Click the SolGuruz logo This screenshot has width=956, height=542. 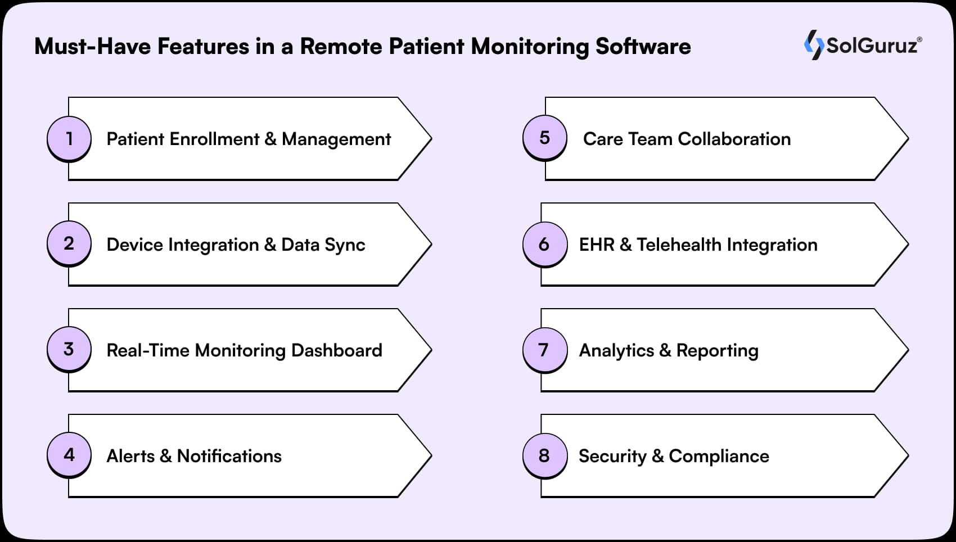(863, 44)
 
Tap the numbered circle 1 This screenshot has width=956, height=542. (69, 138)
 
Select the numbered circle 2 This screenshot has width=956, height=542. (69, 243)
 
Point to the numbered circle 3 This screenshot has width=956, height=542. (69, 349)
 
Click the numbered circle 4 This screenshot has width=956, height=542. (69, 454)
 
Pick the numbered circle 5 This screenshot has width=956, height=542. (544, 138)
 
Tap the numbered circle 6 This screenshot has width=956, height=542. (544, 244)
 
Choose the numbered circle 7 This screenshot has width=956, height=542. (544, 350)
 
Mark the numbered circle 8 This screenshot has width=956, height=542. (544, 455)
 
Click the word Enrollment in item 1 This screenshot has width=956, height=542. (214, 139)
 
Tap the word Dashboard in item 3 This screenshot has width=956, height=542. (336, 350)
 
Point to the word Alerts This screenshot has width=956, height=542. (130, 456)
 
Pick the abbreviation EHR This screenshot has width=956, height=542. (596, 245)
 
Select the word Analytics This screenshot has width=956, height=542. (616, 350)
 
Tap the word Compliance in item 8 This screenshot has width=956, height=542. (719, 456)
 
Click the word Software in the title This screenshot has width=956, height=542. (643, 46)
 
